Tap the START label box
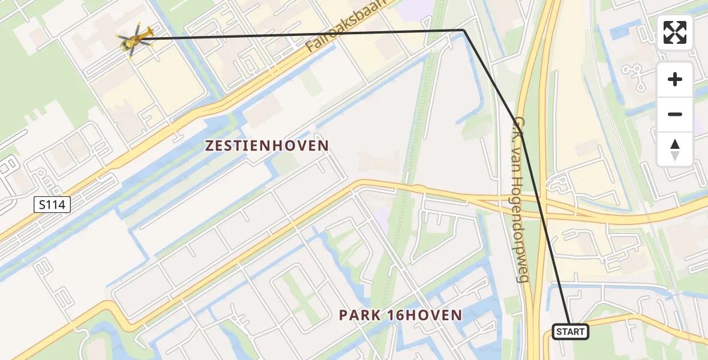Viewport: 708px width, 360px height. [x=570, y=331]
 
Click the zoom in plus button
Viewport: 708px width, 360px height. [x=675, y=79]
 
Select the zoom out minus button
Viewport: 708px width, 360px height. [x=675, y=114]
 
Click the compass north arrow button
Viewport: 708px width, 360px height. [x=675, y=149]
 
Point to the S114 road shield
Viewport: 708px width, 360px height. [x=52, y=205]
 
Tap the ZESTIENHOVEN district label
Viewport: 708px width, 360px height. [x=267, y=146]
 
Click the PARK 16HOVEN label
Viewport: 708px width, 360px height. [x=400, y=315]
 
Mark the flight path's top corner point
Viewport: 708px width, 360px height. [x=464, y=30]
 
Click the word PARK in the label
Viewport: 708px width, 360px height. [x=358, y=315]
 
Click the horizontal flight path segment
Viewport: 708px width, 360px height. [x=300, y=34]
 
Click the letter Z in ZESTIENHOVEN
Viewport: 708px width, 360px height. [x=210, y=146]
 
